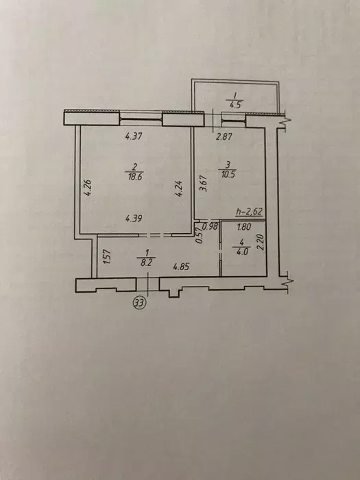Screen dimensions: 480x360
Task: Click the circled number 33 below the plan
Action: pyautogui.click(x=140, y=303)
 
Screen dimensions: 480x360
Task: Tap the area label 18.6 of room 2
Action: pyautogui.click(x=134, y=176)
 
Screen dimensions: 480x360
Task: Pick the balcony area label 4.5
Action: pyautogui.click(x=233, y=105)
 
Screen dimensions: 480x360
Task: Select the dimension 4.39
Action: pyautogui.click(x=134, y=219)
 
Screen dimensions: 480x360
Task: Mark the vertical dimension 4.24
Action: pyautogui.click(x=178, y=188)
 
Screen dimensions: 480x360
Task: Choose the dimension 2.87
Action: pyautogui.click(x=224, y=137)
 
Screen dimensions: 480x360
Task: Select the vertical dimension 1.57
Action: pyautogui.click(x=106, y=259)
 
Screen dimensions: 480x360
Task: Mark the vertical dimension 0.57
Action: pyautogui.click(x=200, y=236)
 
